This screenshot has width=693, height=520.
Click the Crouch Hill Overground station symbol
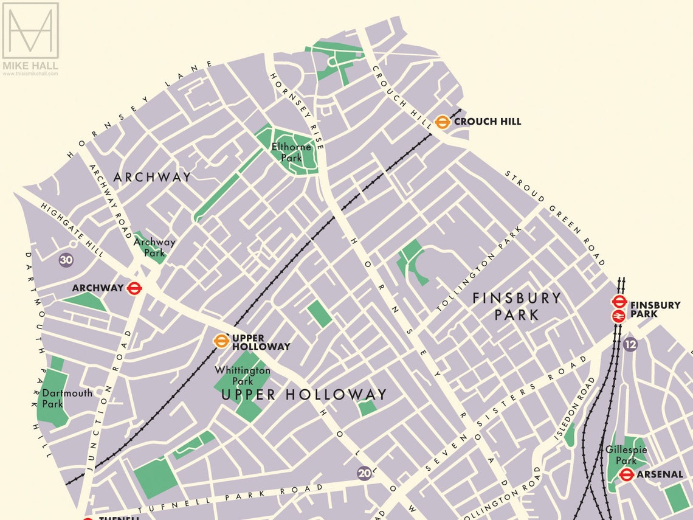point(442,122)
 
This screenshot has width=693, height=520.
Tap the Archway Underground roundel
point(134,288)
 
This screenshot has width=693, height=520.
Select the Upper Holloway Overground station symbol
point(221,341)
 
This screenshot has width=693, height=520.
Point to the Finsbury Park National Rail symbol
point(619,316)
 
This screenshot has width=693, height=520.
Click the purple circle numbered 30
point(66,260)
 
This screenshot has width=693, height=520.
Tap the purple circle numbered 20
point(364,473)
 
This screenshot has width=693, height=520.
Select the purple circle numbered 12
point(630,344)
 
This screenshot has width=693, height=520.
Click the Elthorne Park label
point(291,152)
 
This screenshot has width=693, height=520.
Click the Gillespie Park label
point(626,455)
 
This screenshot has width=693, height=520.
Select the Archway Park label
point(154,247)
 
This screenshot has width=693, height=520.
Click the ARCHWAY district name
point(152,177)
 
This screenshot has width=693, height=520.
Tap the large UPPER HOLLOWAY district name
point(303,395)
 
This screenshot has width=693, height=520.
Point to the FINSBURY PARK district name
point(517,306)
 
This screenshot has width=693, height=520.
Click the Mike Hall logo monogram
point(30,30)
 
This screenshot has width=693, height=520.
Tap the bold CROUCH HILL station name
point(488,122)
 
